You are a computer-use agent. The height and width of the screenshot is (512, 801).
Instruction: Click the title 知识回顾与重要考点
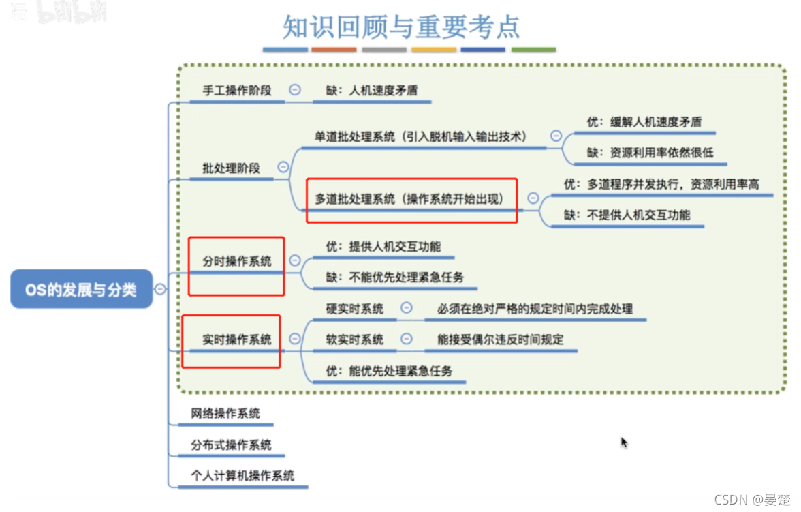[x=401, y=26]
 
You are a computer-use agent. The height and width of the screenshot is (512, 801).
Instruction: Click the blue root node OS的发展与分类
[x=81, y=289]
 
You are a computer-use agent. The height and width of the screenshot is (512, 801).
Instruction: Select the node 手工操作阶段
[x=237, y=90]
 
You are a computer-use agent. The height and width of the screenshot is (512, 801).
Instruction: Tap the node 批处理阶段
[x=231, y=168]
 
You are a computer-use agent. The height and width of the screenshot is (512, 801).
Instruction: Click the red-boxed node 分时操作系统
[x=236, y=262]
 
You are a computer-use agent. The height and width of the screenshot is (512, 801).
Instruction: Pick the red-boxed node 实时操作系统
[x=236, y=340]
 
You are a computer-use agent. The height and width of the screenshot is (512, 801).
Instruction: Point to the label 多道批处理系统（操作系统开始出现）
[x=409, y=199]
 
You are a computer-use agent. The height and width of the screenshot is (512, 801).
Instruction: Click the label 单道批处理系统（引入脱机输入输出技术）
[x=420, y=136]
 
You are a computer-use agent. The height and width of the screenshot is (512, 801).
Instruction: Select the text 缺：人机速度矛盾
[x=371, y=90]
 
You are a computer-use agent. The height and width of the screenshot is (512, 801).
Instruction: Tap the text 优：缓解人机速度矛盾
[x=644, y=122]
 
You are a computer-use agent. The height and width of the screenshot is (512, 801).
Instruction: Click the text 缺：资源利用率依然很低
[x=650, y=153]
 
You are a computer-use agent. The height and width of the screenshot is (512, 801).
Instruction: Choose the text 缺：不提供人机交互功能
[x=627, y=215]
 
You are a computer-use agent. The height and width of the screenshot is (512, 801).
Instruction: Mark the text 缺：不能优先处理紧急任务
[x=394, y=277]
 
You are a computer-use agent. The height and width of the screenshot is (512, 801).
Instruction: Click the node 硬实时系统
[x=354, y=309]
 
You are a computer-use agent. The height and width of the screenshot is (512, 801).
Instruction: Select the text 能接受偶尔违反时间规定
[x=501, y=340]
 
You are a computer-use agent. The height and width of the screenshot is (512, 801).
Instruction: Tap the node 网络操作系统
[x=225, y=413]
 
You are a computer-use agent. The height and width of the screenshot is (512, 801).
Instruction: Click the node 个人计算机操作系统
[x=242, y=475]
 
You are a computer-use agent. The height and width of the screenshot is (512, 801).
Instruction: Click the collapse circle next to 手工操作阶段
[x=295, y=89]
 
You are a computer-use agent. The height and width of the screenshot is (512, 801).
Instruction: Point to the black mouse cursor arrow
[x=624, y=442]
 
